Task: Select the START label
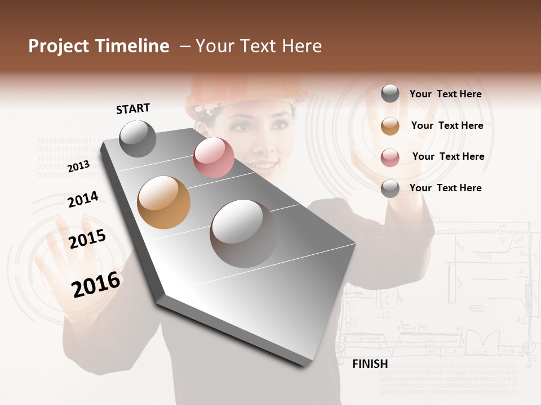pos(133,109)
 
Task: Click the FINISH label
pos(370,364)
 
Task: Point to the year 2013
pos(78,166)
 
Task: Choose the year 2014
pos(83,199)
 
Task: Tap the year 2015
pos(87,239)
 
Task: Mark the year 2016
pos(96,284)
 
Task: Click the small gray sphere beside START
pos(138,138)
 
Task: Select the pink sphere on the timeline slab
pos(214,157)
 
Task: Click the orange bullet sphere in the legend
pos(390,126)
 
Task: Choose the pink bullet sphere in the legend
pos(390,157)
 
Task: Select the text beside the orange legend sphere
pos(447,125)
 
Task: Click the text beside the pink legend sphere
pos(448,156)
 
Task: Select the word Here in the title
pos(301,46)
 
